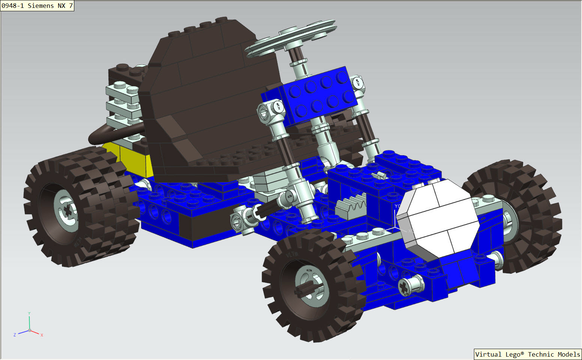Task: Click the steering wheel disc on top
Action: pos(291,39)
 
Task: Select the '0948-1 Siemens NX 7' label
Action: pos(37,6)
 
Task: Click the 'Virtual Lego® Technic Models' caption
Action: pos(528,354)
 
